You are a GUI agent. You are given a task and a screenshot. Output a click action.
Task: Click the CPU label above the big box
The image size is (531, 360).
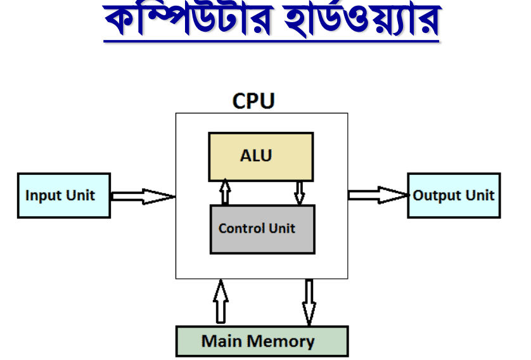[x=253, y=101]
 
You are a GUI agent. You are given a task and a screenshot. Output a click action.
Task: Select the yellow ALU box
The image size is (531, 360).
[x=261, y=157]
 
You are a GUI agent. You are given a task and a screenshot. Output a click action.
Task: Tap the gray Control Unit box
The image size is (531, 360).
[x=262, y=229]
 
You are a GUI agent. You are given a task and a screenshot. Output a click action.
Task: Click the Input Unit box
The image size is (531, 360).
[x=64, y=195]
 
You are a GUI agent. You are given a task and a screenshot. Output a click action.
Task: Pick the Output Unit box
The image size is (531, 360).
[x=454, y=195]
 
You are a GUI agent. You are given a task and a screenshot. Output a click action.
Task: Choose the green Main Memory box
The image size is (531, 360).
[x=262, y=342]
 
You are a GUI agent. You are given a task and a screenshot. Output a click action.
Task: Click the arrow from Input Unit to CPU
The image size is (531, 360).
[x=143, y=196]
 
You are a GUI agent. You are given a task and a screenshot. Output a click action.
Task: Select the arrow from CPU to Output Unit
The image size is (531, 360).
[x=378, y=195]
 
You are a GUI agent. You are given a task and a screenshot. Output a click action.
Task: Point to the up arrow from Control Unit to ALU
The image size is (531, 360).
[x=225, y=192]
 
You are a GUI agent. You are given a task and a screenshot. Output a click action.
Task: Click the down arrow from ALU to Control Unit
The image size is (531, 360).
[x=299, y=193]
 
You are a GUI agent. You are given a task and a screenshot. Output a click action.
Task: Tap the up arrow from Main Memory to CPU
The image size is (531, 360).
[x=221, y=302]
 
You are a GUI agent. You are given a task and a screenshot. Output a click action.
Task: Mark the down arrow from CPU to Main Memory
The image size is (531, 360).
[x=309, y=302]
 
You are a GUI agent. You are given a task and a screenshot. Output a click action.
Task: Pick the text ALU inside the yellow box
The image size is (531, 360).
[x=256, y=156]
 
